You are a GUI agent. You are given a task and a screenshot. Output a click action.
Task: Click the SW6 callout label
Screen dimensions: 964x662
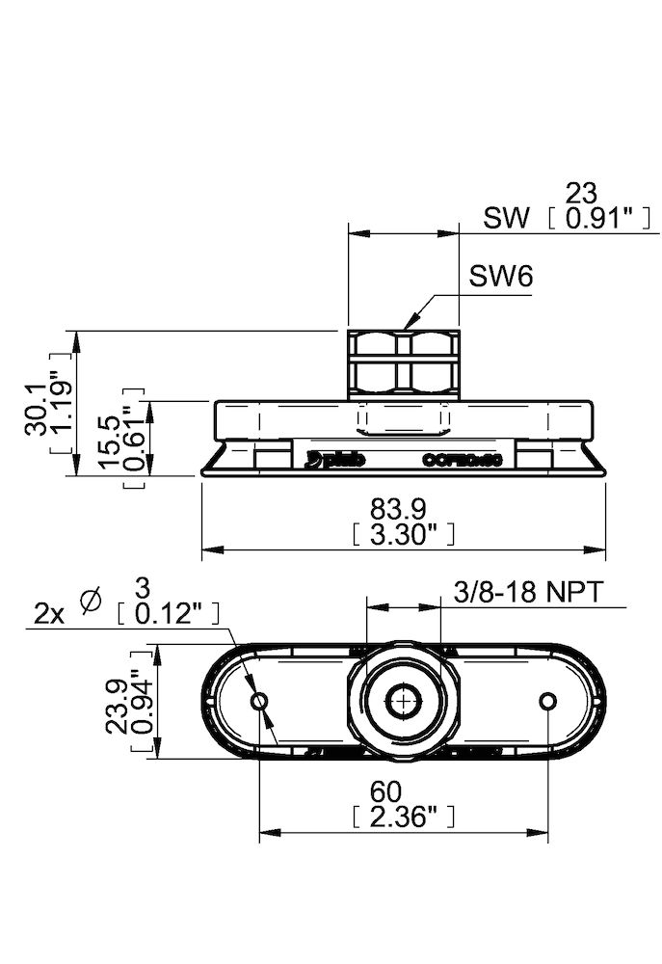tap(501, 278)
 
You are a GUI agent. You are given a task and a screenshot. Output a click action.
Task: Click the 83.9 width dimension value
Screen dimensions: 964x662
tap(403, 506)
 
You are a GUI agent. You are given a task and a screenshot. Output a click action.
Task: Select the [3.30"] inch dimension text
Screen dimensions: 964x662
tap(403, 534)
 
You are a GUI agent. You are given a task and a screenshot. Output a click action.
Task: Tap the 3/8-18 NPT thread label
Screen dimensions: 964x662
tap(527, 592)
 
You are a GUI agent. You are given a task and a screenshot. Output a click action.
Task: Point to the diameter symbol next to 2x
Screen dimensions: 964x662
tap(93, 601)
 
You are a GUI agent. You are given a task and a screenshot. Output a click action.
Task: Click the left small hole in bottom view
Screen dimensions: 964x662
tap(258, 701)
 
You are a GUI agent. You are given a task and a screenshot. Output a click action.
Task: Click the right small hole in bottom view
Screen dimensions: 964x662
tap(549, 701)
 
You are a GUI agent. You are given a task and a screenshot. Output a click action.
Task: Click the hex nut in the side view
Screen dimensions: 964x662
tap(403, 361)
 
